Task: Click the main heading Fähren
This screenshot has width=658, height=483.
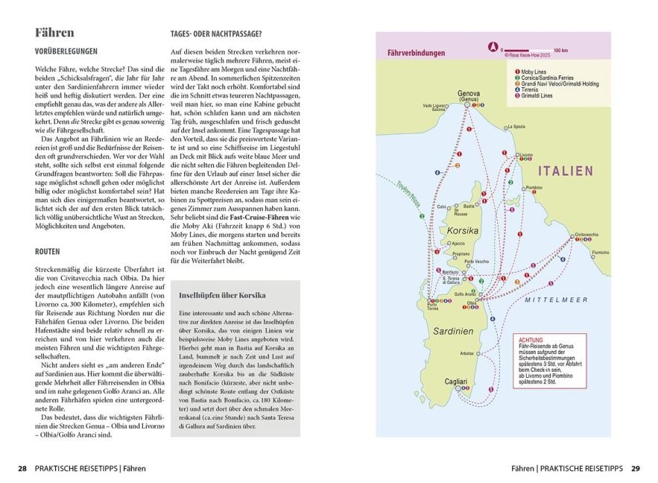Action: point(54,33)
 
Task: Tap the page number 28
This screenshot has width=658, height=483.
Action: point(22,469)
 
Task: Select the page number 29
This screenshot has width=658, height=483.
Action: point(635,469)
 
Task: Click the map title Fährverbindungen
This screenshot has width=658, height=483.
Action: point(417,54)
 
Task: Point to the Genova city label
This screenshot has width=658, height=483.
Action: point(469,93)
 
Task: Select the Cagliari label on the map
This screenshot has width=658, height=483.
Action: point(456,381)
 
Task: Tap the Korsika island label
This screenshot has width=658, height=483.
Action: point(463,231)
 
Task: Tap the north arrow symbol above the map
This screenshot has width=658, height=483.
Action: point(492,47)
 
